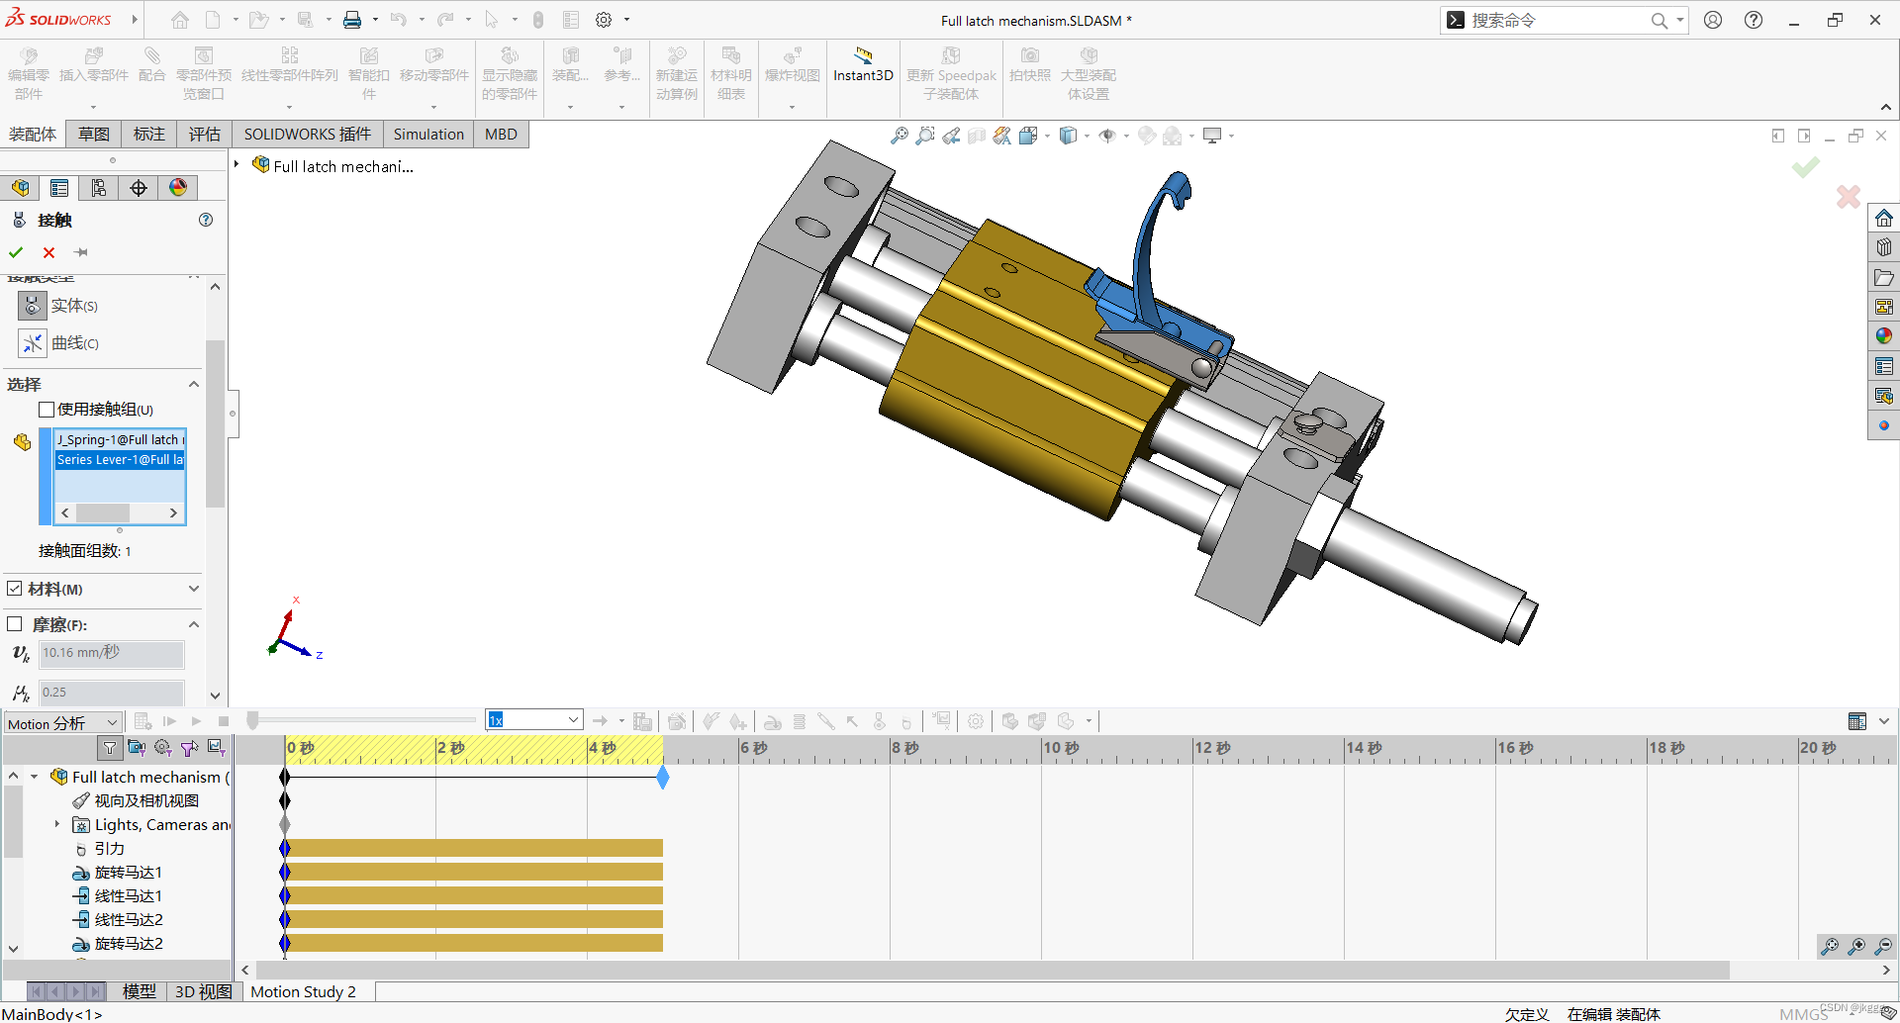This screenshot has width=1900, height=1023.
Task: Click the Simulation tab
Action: point(427,135)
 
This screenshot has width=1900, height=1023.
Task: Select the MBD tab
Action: point(501,135)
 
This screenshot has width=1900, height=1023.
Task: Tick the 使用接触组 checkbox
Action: point(47,410)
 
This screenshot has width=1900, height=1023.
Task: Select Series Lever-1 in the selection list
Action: point(120,460)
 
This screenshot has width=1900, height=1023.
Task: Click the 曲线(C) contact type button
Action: point(33,343)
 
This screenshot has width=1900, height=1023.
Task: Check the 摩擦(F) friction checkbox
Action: point(15,624)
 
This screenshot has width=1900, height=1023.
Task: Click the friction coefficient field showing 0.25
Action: point(111,693)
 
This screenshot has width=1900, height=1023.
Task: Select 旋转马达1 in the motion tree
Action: point(128,873)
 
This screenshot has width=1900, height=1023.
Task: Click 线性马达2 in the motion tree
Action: point(128,920)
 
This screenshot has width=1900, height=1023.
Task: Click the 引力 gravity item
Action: point(109,849)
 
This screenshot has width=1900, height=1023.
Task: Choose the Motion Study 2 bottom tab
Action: point(303,991)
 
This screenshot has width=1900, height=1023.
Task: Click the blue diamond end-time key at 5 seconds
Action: point(663,778)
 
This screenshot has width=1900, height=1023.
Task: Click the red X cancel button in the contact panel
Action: point(48,252)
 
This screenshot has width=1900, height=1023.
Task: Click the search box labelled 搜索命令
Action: point(1554,21)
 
